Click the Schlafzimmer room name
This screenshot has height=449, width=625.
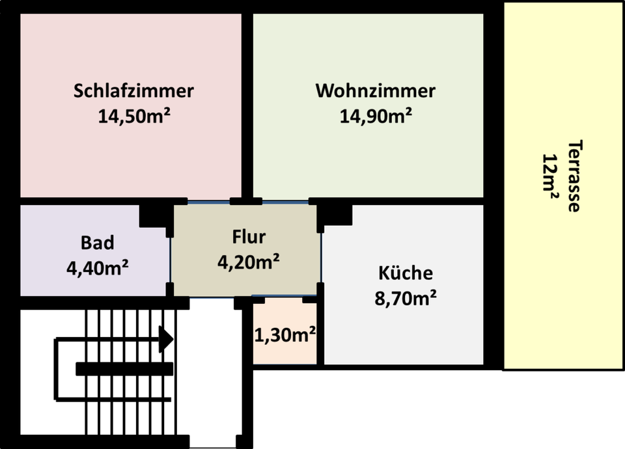[133, 90]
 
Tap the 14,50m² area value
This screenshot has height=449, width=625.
[134, 116]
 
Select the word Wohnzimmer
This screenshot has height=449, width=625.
[375, 90]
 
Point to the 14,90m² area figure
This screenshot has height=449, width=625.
[375, 116]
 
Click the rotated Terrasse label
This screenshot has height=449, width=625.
[573, 176]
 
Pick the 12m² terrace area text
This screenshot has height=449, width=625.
[551, 176]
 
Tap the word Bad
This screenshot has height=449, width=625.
[97, 243]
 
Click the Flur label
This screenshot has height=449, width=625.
[249, 236]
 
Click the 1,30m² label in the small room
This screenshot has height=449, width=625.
[285, 336]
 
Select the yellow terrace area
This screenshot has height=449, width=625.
[563, 293]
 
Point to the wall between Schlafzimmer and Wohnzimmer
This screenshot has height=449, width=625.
[247, 104]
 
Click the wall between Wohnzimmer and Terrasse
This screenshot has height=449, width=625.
[493, 104]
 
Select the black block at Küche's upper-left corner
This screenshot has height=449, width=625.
[336, 215]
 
